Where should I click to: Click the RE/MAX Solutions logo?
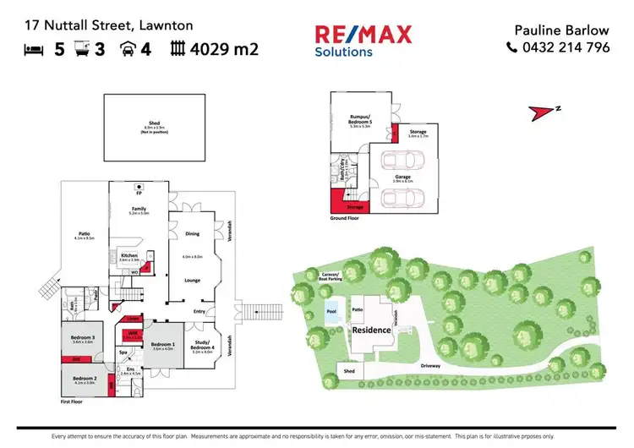pos(363,41)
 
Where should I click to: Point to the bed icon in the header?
pos(34,49)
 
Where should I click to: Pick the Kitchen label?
pos(128,254)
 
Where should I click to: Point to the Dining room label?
pos(193,233)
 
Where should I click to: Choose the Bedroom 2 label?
pos(83,378)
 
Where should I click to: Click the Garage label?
pos(402,177)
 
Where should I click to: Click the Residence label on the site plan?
pos(373,329)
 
